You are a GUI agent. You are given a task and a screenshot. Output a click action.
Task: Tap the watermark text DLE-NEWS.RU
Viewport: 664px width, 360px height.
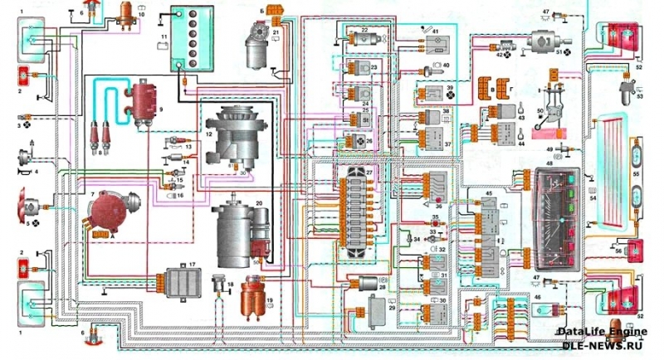point(609,342)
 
